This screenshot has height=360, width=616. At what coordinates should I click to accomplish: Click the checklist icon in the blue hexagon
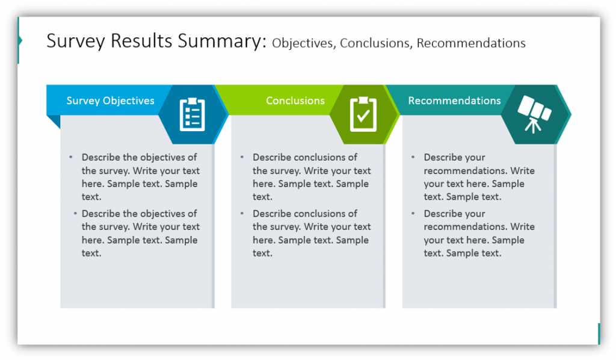(192, 114)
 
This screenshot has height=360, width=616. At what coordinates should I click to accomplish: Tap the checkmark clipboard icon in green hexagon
(363, 114)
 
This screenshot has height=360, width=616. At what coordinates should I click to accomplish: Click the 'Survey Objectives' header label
(110, 101)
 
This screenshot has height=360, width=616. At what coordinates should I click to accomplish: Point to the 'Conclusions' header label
(295, 101)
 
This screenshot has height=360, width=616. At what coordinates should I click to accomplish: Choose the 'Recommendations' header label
(454, 101)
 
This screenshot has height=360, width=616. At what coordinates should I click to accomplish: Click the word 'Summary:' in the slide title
(225, 42)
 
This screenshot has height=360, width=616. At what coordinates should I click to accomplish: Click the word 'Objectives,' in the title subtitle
(304, 43)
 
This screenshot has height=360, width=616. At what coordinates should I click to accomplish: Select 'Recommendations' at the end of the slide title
(471, 43)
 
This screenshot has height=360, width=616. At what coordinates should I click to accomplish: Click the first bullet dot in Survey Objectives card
(70, 157)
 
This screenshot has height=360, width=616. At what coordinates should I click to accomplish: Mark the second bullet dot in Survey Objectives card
(75, 213)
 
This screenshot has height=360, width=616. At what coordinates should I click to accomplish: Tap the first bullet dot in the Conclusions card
(242, 157)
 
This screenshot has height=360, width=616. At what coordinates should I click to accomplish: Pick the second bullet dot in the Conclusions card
(242, 213)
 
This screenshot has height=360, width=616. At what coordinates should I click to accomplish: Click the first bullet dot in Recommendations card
(413, 157)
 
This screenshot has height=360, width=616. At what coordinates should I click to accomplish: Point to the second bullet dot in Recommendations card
(413, 213)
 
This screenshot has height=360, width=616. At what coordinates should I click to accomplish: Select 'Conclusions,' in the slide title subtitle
(376, 43)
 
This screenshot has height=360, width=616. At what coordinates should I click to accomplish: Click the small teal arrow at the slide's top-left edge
(20, 41)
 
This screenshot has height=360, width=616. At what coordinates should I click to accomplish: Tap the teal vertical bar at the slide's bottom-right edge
(599, 334)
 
